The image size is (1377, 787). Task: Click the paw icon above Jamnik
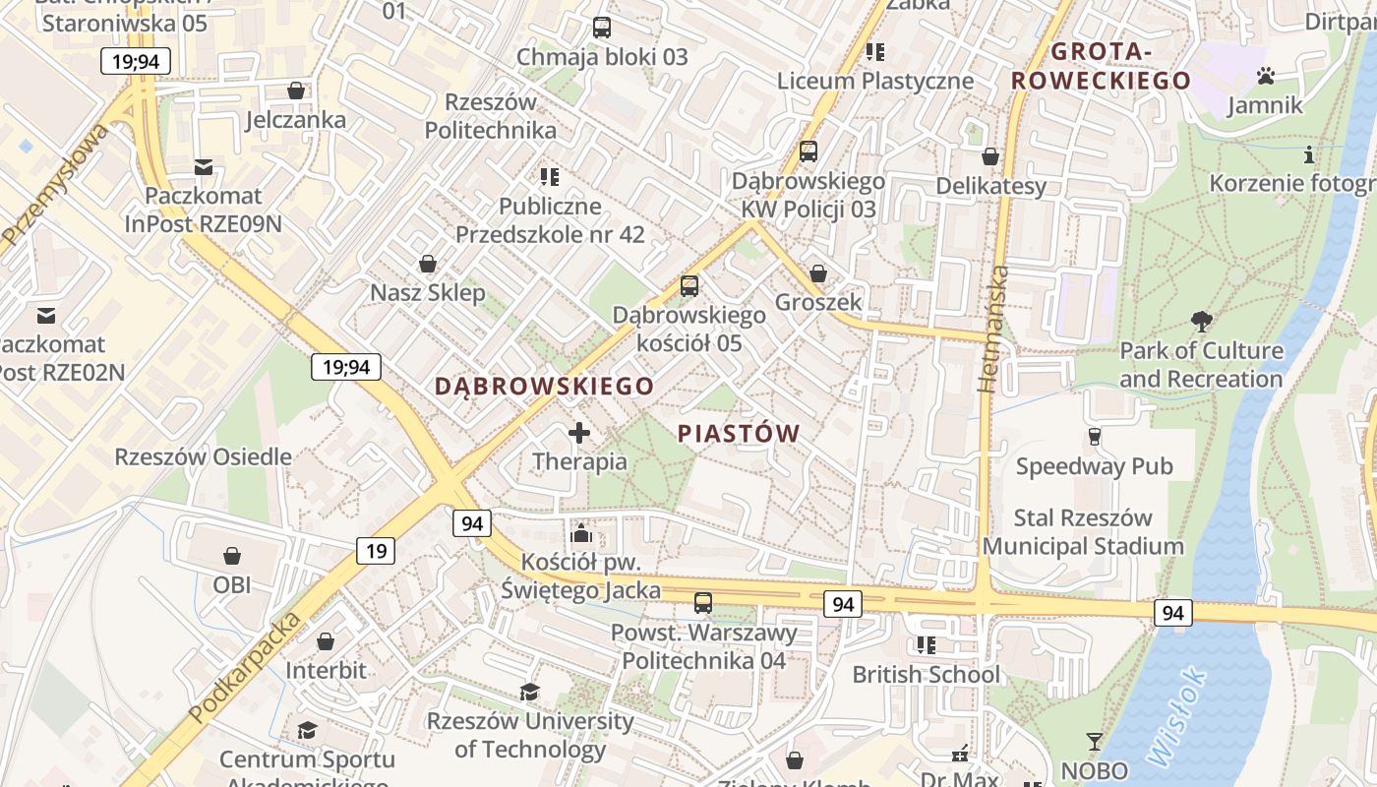(1265, 76)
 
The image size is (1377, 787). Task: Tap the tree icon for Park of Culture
(1201, 321)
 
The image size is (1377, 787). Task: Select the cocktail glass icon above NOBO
(1094, 741)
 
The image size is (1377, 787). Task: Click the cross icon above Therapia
(579, 432)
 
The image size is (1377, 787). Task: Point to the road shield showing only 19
(376, 550)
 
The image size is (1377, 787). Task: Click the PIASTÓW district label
(739, 433)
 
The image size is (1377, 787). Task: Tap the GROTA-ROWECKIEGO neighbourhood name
(1101, 66)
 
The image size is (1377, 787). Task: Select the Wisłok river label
(1176, 717)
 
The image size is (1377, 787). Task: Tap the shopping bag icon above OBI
(232, 556)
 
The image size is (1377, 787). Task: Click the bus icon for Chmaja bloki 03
(602, 28)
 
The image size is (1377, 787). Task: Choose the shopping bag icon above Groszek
(818, 273)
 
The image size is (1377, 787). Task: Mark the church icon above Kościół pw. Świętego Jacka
(580, 533)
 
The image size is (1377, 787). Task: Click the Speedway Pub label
(1094, 466)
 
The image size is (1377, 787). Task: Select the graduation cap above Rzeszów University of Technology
(529, 693)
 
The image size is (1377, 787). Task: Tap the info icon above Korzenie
(1308, 154)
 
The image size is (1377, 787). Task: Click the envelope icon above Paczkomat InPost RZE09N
(204, 167)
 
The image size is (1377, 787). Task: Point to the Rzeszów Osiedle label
(203, 456)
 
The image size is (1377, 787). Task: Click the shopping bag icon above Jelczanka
(295, 91)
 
